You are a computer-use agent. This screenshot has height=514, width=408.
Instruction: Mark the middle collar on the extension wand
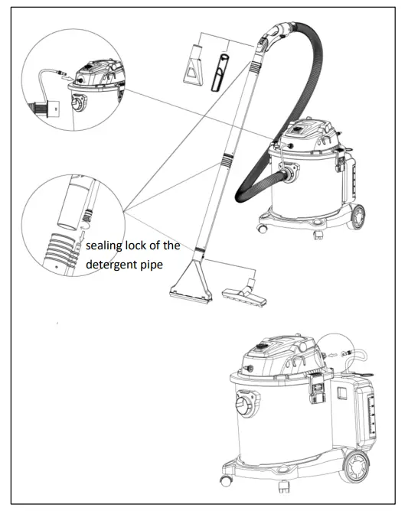(x=226, y=160)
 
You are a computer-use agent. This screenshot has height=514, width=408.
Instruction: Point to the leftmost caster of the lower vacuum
(x=226, y=480)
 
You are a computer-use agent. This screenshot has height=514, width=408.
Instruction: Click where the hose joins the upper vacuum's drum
(x=289, y=177)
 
